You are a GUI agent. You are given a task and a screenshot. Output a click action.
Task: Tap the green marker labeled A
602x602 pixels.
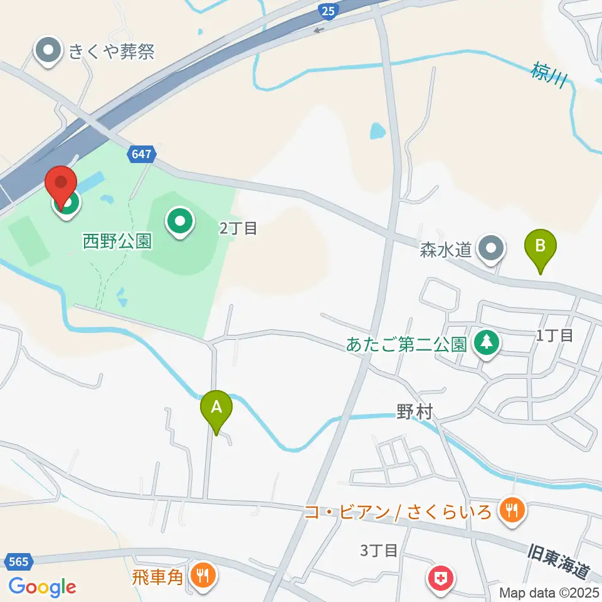click(216, 409)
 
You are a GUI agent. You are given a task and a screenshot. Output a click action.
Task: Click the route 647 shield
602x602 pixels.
click(142, 154)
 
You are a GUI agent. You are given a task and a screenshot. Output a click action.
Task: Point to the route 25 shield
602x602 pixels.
click(327, 9)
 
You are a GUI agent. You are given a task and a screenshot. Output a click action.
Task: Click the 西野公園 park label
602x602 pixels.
click(117, 240)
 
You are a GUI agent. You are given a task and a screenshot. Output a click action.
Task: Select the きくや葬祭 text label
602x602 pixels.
click(112, 51)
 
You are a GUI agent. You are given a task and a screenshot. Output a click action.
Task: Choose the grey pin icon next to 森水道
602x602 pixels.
click(491, 248)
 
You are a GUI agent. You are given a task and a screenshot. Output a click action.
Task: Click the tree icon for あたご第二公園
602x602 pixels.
click(486, 342)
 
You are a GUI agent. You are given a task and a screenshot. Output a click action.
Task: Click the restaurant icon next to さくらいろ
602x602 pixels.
click(512, 510)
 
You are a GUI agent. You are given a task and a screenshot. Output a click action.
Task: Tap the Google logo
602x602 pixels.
click(42, 587)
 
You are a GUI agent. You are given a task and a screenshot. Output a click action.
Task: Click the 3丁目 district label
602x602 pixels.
click(379, 551)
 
